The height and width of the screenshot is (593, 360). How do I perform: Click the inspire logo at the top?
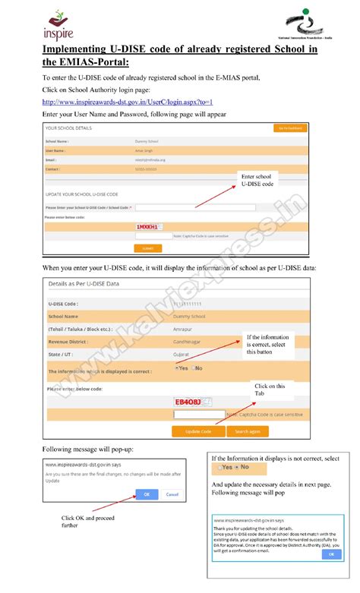58,24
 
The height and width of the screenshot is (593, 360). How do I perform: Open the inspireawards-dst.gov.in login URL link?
127,102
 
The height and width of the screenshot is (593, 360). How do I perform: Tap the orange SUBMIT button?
147,248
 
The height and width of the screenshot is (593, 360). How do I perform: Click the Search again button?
247,431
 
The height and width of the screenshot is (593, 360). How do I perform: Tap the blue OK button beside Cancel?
147,494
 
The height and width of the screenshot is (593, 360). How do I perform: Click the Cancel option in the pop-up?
172,494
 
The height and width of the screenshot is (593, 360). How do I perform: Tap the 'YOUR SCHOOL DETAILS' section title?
69,128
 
